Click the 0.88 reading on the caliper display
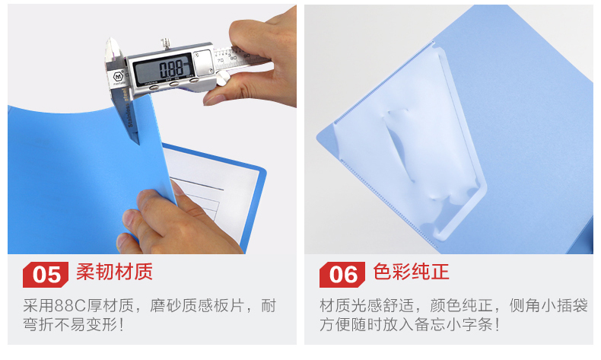(x=171, y=70)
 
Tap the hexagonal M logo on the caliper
(x=118, y=76)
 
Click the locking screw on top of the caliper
(x=166, y=43)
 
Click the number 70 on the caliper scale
(x=221, y=61)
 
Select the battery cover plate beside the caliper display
(x=202, y=62)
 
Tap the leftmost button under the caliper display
(x=154, y=87)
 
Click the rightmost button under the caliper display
(x=194, y=80)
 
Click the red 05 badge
(x=46, y=275)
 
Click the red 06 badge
(x=342, y=275)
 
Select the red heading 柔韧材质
(x=114, y=272)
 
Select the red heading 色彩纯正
(x=411, y=272)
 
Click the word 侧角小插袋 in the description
(x=548, y=305)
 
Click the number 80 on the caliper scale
(x=233, y=59)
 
